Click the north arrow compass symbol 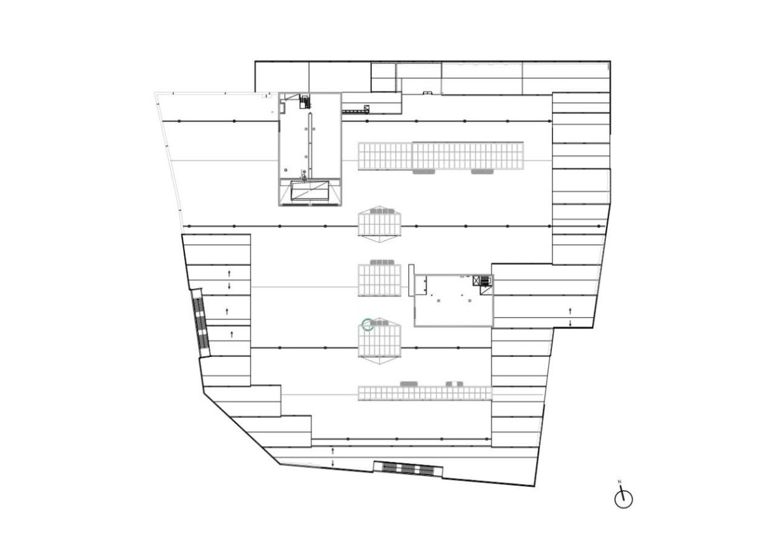click(x=623, y=500)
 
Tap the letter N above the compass click(x=619, y=482)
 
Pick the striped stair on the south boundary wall click(x=408, y=469)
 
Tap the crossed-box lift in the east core click(x=476, y=281)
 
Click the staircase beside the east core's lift click(x=485, y=281)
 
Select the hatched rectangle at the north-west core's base click(x=309, y=191)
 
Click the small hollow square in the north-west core click(x=285, y=170)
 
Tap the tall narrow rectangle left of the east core click(x=411, y=280)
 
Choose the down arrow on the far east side click(x=570, y=323)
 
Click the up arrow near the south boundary click(x=333, y=451)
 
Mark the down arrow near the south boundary click(x=333, y=462)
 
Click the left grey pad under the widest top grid click(x=423, y=172)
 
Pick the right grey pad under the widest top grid click(x=482, y=172)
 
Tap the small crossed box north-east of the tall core click(x=366, y=108)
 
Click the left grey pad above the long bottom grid click(x=409, y=384)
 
